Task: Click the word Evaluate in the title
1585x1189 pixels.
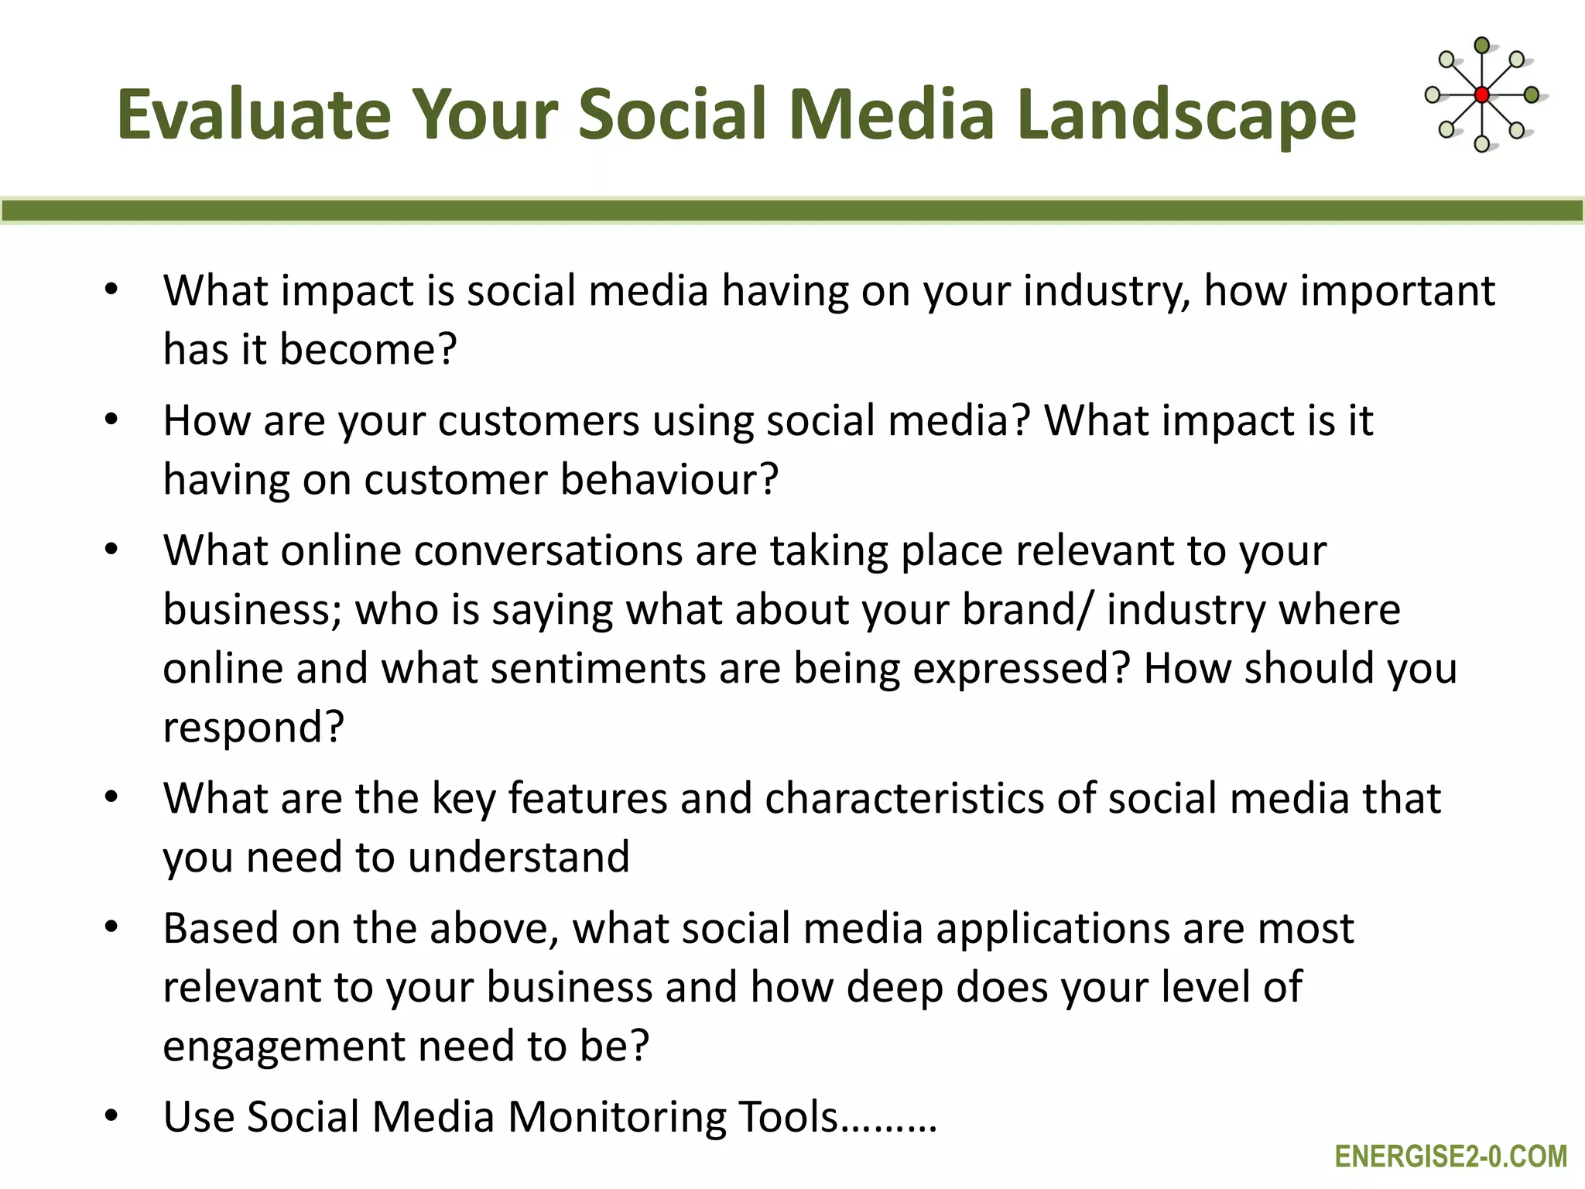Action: click(x=254, y=115)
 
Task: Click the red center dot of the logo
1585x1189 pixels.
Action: click(x=1481, y=94)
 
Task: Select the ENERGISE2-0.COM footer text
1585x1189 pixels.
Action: click(x=1451, y=1156)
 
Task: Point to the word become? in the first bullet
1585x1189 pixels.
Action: click(x=368, y=350)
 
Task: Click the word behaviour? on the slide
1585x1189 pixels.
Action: click(x=669, y=480)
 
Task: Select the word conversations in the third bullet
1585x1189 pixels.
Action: click(x=547, y=552)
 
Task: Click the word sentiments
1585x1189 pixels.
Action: click(x=597, y=669)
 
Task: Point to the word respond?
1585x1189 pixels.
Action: click(x=253, y=728)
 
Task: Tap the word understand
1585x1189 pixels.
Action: click(x=519, y=858)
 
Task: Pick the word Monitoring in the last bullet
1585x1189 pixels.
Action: click(x=616, y=1118)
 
